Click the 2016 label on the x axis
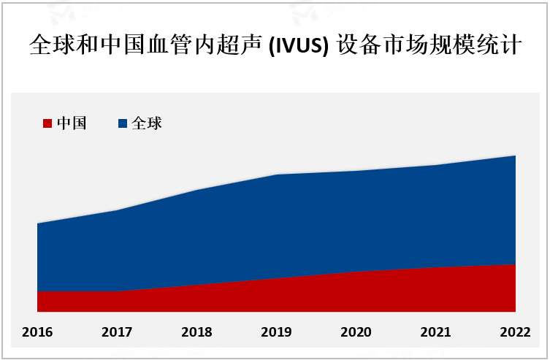coord(37,332)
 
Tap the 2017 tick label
coord(117,332)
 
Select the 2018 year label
coord(196,332)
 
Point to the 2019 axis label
coord(276,332)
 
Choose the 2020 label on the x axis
coord(356,332)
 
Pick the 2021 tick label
coord(435,332)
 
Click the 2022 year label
coord(515,332)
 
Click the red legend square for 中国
coord(48,123)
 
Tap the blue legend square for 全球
coord(123,123)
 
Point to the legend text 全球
coord(146,123)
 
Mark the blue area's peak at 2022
coord(515,156)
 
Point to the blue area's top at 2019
coord(277,175)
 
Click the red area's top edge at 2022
coord(515,264)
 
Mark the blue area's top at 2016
coord(37,223)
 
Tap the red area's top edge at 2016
coord(37,292)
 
